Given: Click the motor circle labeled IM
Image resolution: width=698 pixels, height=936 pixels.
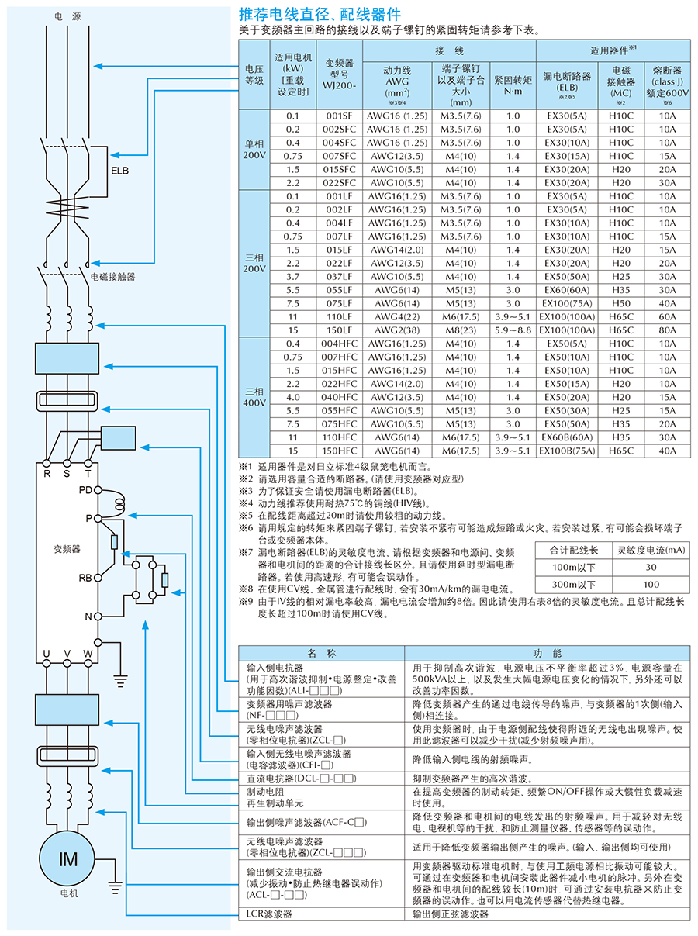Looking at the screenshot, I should tap(69, 858).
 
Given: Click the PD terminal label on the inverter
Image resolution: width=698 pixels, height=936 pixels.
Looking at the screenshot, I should tap(85, 490).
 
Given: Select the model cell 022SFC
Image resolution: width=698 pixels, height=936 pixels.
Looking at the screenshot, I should tap(340, 182).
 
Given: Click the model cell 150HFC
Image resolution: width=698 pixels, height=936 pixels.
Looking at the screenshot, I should tap(340, 451).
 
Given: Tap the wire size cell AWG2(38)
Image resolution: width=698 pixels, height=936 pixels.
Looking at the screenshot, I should tap(396, 330).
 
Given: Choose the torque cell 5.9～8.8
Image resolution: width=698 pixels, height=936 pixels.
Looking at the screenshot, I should tap(513, 330).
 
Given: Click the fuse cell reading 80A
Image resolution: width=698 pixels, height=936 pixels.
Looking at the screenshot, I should tap(667, 330).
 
